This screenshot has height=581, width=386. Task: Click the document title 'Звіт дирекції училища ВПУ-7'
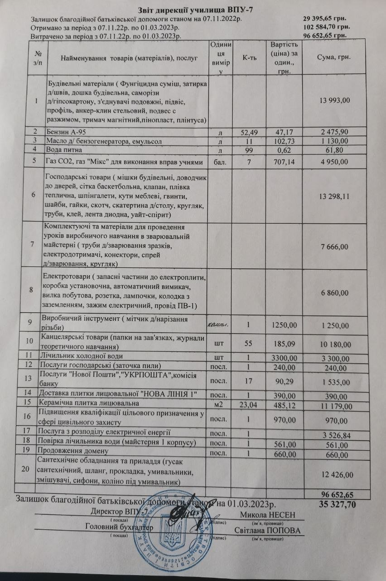[193, 11]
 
